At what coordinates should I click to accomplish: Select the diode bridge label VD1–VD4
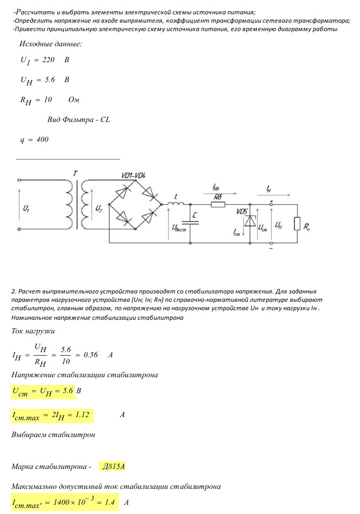133,176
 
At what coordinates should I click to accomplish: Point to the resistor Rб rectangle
218,205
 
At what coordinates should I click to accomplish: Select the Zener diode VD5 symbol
250,221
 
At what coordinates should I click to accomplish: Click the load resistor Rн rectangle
297,224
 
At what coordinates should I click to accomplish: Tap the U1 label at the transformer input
26,208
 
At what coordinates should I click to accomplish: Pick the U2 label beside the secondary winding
99,208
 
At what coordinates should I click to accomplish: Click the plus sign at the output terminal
271,201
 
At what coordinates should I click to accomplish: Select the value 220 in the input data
48,60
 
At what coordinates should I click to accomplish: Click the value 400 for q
42,140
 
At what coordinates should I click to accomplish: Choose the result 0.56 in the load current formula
91,354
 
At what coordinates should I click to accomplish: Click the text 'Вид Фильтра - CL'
78,120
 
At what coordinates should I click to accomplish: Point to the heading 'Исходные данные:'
51,44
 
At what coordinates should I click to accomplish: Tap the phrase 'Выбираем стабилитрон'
53,435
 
